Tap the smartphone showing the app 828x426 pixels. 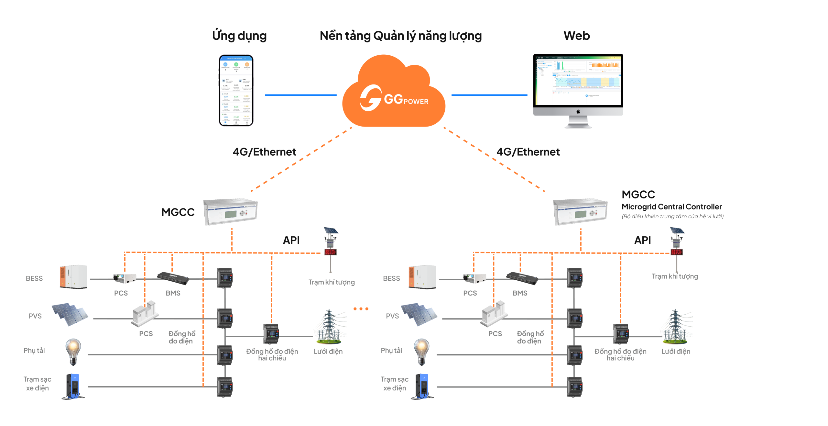[x=236, y=90]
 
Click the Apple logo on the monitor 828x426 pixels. [x=578, y=112]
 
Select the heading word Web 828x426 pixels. [x=577, y=36]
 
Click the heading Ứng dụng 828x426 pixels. [x=240, y=36]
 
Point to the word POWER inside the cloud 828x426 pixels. [x=416, y=102]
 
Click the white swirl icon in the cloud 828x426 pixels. [x=371, y=98]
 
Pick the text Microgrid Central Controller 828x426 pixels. [x=671, y=207]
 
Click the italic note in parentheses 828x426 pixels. [x=672, y=216]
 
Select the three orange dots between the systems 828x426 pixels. [x=361, y=309]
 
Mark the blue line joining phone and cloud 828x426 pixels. [x=300, y=95]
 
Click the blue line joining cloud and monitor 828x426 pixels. [x=489, y=95]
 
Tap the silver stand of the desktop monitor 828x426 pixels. [x=578, y=122]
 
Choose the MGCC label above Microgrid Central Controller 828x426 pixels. [x=638, y=195]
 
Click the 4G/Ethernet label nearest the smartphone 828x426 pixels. [x=265, y=152]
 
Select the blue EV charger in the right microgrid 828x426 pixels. [x=422, y=386]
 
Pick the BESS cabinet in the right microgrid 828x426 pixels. [x=422, y=276]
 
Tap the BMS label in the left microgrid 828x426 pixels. [x=173, y=293]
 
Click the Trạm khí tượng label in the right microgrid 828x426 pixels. [x=675, y=276]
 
